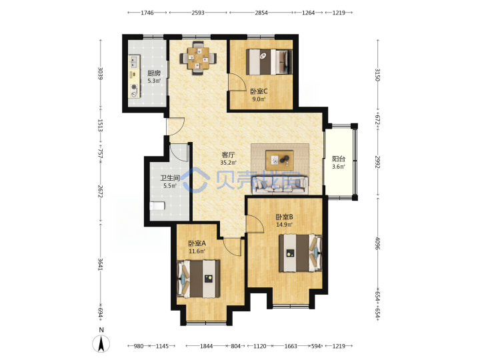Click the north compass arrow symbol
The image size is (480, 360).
point(101,343)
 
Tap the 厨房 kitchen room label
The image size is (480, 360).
point(154,73)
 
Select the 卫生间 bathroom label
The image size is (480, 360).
point(170,178)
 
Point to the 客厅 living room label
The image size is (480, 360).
point(228,155)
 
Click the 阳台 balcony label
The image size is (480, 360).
point(339,159)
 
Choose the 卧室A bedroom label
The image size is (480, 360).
point(197,243)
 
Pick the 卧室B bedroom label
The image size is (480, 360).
point(285,217)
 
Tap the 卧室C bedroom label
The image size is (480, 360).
point(259,91)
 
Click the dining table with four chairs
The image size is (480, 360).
point(198,57)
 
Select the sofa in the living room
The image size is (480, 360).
point(280,185)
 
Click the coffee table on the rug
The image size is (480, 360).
point(279,160)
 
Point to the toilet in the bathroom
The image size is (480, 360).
point(157,206)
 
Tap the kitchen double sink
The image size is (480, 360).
point(134,62)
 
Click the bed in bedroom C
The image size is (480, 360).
point(269,62)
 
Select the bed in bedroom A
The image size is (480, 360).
point(199,279)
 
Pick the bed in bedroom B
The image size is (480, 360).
point(300,253)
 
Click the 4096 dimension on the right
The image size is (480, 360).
point(378,244)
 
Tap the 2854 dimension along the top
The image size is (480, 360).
point(261,13)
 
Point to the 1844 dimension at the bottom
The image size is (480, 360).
point(206,346)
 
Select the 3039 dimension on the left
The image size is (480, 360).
point(100,73)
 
